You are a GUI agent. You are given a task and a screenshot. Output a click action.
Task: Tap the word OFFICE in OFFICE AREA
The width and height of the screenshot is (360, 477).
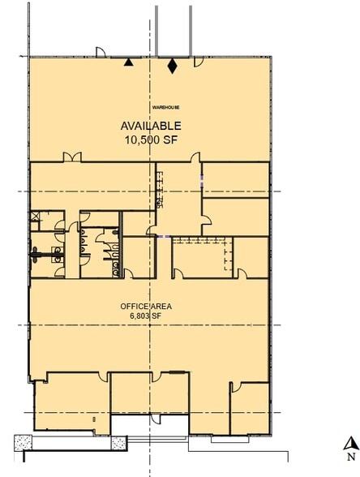click(x=132, y=305)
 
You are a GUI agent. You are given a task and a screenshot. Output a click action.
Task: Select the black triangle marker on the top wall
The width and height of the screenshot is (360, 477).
click(x=126, y=62)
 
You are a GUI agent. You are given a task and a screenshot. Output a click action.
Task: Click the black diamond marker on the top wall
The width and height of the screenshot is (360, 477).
click(x=172, y=65)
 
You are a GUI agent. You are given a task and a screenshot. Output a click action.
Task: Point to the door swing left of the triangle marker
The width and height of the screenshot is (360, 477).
click(x=101, y=54)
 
